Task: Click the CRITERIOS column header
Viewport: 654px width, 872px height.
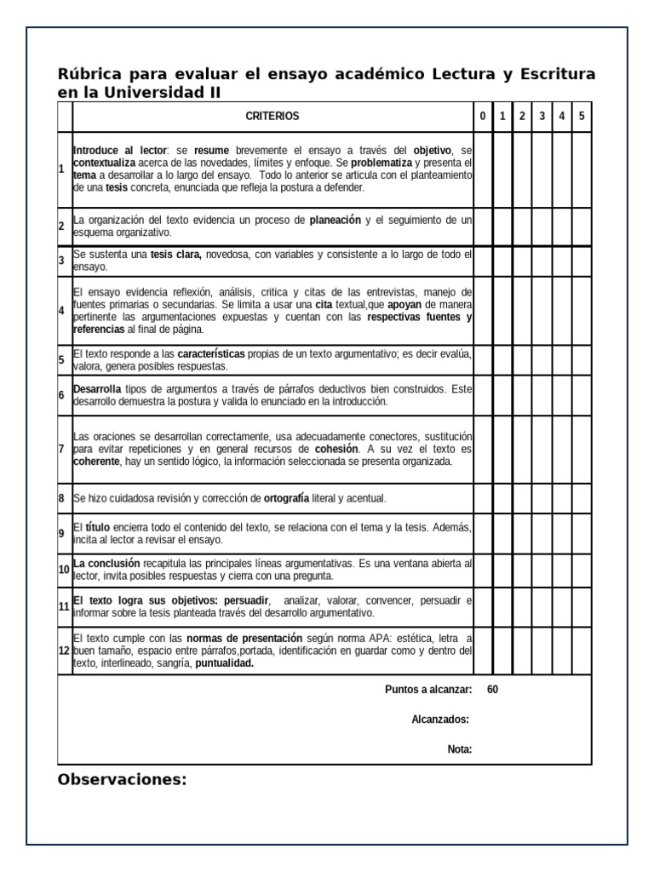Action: pos(272,116)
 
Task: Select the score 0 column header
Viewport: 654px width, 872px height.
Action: pos(483,116)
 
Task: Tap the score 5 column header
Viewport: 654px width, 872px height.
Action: pos(582,116)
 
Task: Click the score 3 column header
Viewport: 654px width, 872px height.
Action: pos(542,116)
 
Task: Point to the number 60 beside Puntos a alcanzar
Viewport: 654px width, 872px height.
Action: pos(493,690)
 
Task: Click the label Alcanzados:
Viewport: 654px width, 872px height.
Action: pos(440,720)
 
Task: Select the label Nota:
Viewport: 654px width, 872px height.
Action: pos(459,749)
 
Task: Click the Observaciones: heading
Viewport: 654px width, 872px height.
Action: pos(122,779)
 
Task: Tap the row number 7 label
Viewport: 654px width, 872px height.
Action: pos(62,449)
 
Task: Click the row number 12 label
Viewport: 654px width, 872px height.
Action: pos(64,651)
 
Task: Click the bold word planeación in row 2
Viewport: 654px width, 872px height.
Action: pos(335,220)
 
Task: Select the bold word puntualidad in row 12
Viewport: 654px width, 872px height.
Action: pos(225,663)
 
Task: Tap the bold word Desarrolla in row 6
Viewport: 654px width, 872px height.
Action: pos(97,388)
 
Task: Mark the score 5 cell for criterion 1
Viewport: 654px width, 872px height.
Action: pos(582,169)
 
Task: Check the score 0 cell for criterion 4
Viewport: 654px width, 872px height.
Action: pos(483,310)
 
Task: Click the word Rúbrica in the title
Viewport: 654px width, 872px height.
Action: pos(91,74)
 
